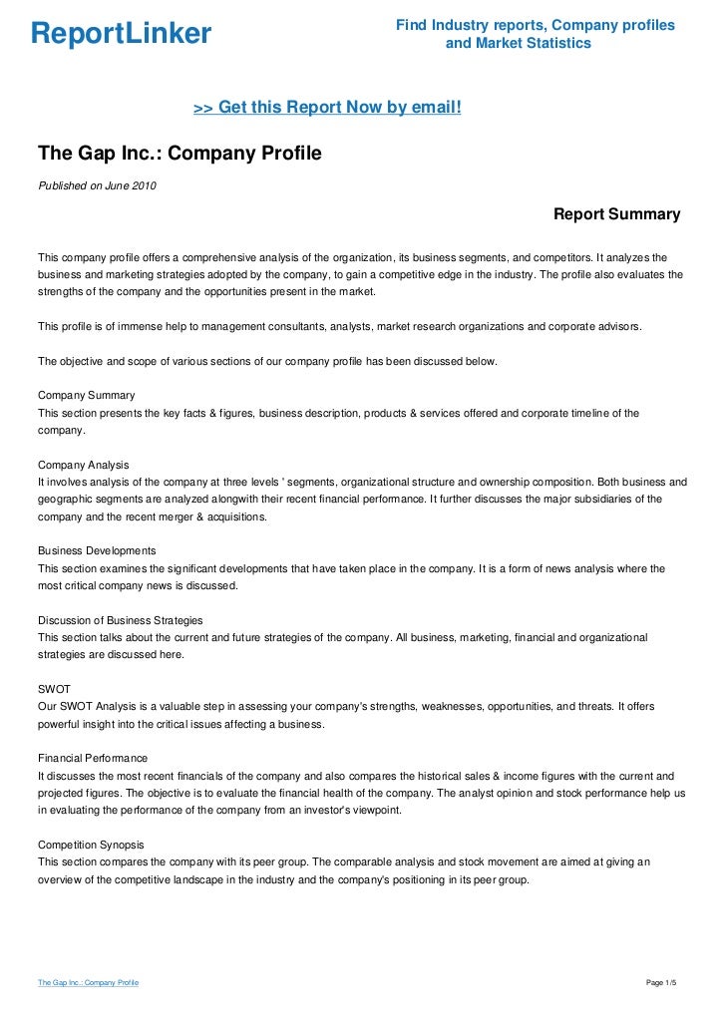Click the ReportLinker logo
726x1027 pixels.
(x=121, y=34)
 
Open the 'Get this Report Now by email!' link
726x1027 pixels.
(x=327, y=107)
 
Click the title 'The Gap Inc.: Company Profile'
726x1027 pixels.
(x=180, y=154)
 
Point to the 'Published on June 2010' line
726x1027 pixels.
(x=97, y=185)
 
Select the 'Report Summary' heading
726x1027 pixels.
(x=616, y=214)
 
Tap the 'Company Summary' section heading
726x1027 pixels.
(x=86, y=396)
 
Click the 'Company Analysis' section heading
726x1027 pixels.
(x=83, y=466)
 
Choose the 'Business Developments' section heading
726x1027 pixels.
(x=96, y=551)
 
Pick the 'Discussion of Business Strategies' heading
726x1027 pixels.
(x=120, y=620)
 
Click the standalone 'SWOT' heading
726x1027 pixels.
(x=55, y=689)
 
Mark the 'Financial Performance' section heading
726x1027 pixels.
(x=92, y=759)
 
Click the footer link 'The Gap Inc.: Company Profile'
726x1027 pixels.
(x=88, y=983)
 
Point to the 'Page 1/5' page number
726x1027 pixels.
(x=662, y=983)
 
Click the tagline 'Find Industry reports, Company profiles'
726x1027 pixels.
(x=536, y=24)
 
